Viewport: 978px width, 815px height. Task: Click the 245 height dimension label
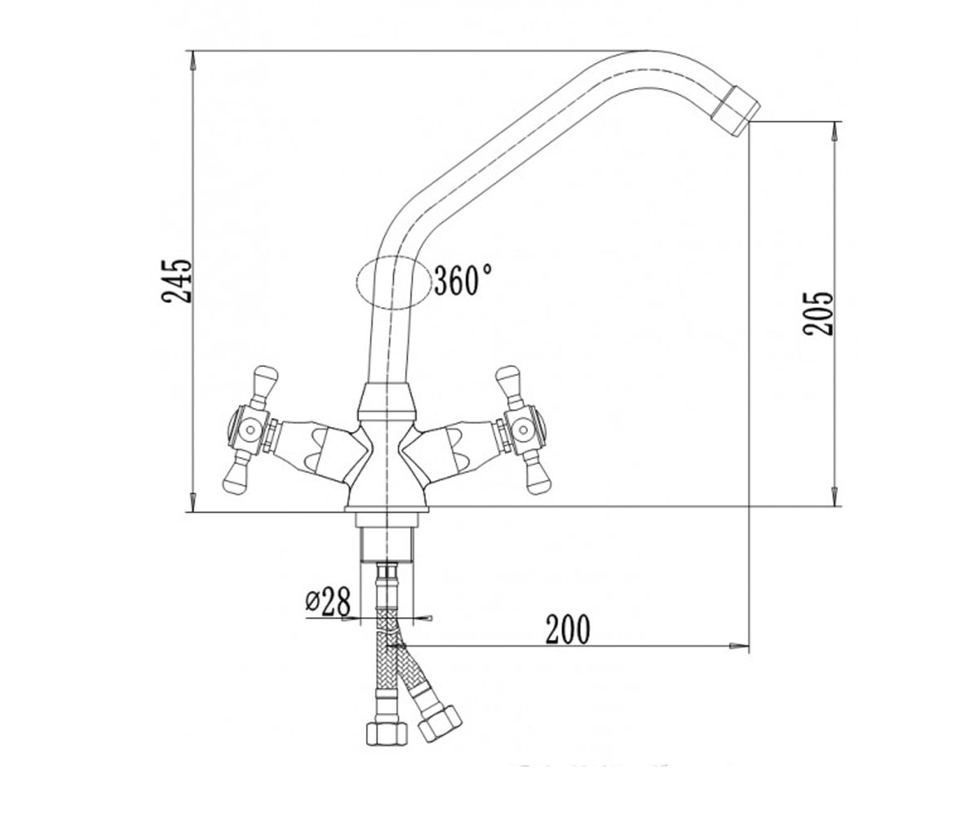177,280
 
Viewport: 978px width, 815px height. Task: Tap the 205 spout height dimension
818,313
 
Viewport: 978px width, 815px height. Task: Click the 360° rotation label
463,280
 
